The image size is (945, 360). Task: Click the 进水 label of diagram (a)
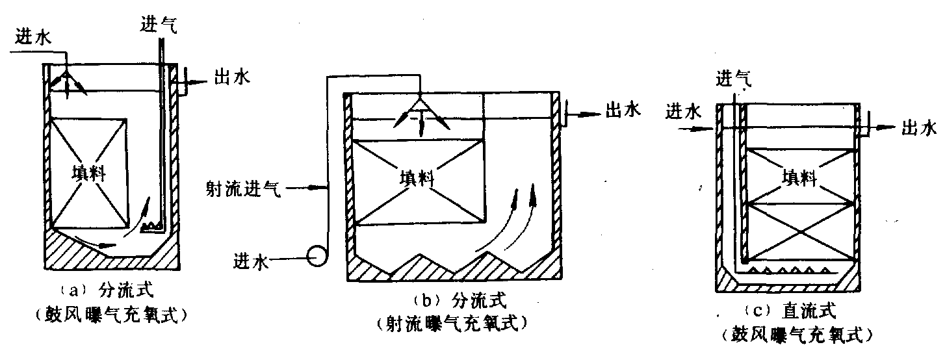pyautogui.click(x=33, y=37)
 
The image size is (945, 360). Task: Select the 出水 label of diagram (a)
pyautogui.click(x=232, y=77)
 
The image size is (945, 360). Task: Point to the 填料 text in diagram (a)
pyautogui.click(x=88, y=173)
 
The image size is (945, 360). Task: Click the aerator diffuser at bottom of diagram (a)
pyautogui.click(x=152, y=227)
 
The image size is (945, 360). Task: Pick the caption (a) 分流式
pyautogui.click(x=106, y=290)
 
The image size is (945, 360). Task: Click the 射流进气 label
pyautogui.click(x=243, y=188)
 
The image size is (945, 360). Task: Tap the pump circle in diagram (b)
pyautogui.click(x=317, y=256)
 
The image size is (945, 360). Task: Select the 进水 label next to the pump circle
pyautogui.click(x=251, y=262)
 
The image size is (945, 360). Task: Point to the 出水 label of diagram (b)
pyautogui.click(x=623, y=110)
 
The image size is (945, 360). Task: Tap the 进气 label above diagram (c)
pyautogui.click(x=734, y=79)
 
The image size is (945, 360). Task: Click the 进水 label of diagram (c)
pyautogui.click(x=684, y=112)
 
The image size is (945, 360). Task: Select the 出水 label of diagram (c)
pyautogui.click(x=919, y=127)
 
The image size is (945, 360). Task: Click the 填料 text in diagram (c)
pyautogui.click(x=799, y=177)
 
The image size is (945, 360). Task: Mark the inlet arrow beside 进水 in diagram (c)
pyautogui.click(x=696, y=128)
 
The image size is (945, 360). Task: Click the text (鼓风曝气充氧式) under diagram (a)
pyautogui.click(x=111, y=315)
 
